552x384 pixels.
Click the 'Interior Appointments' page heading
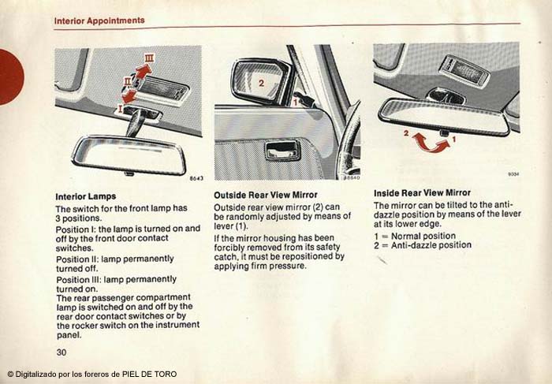(99, 21)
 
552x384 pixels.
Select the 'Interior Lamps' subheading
(85, 196)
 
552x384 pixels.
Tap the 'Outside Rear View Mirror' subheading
(266, 195)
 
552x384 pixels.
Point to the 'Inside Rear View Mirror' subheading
(422, 193)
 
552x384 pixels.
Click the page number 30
(62, 352)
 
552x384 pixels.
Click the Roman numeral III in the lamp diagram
(150, 58)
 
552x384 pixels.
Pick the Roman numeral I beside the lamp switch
(120, 109)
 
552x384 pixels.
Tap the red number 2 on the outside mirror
(261, 83)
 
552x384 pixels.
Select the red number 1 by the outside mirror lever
(296, 103)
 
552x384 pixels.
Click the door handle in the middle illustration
(282, 151)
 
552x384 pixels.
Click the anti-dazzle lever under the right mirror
(444, 133)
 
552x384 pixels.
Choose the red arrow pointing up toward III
(141, 72)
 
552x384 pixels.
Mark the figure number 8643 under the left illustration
(196, 178)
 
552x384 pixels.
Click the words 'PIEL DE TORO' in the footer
(149, 375)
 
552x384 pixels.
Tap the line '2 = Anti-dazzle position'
(423, 245)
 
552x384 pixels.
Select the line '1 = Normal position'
(415, 236)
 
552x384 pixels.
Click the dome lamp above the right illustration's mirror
(464, 70)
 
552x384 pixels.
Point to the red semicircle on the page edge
(11, 76)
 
